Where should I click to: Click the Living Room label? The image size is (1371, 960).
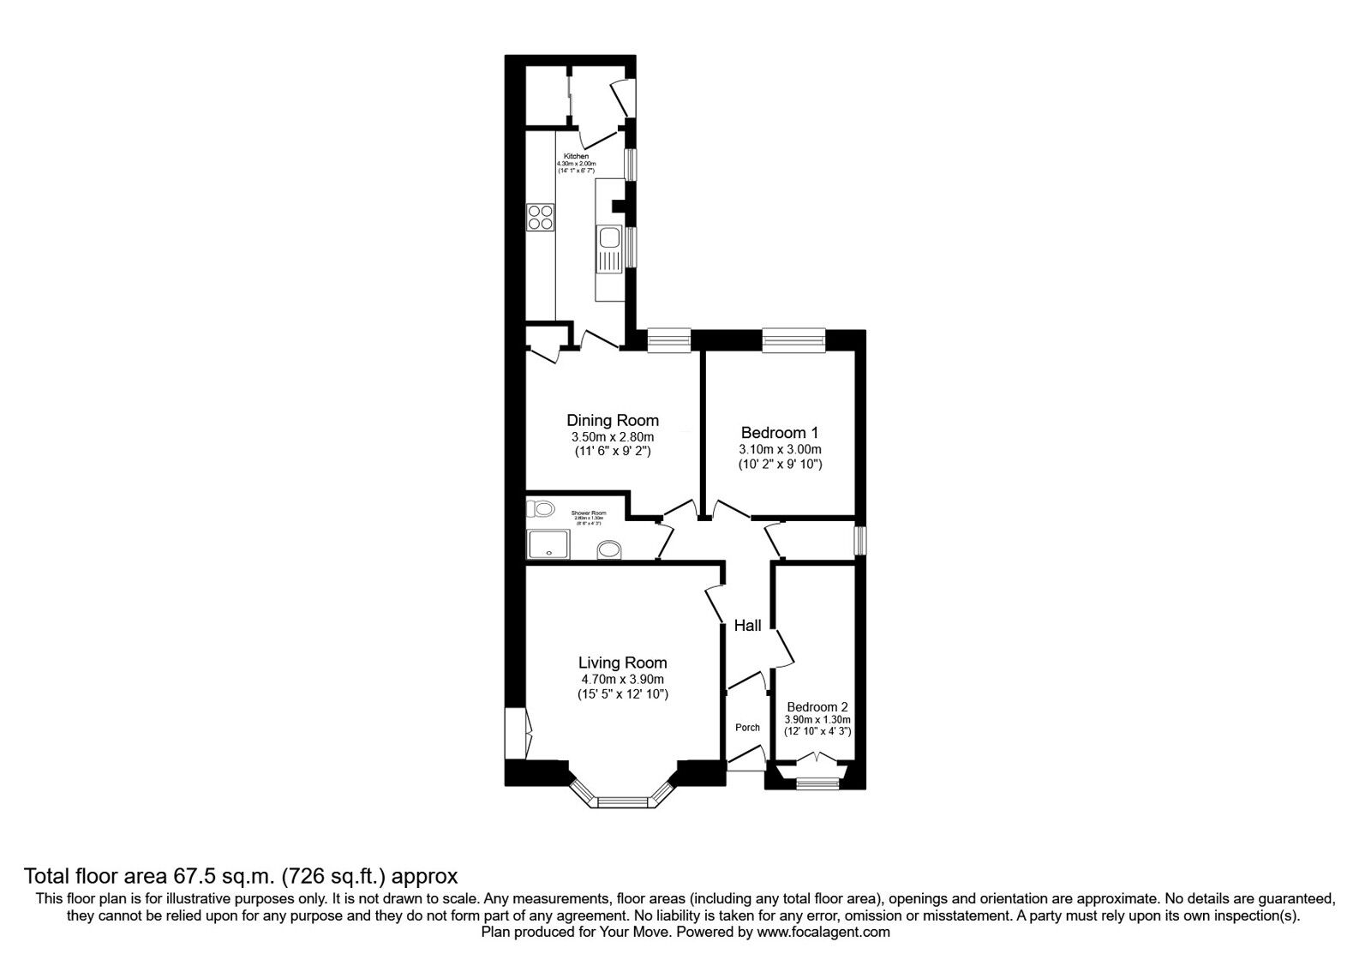point(622,663)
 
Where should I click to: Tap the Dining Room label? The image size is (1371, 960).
point(613,420)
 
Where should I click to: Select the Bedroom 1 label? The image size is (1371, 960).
point(780,433)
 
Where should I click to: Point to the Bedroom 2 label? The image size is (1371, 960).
point(817,707)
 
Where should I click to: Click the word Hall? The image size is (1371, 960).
point(747,626)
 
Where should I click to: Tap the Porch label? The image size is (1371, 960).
point(747,728)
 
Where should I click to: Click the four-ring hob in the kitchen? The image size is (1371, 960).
point(540,217)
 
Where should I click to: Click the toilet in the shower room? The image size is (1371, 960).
point(542,509)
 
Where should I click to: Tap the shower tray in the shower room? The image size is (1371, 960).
point(548,543)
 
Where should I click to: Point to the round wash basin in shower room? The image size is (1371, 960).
point(609,549)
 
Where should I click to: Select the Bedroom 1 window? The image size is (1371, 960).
point(793,340)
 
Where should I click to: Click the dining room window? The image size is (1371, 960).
point(668,340)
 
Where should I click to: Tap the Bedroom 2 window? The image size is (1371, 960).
point(817,782)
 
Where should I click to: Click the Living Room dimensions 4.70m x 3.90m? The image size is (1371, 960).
point(622,679)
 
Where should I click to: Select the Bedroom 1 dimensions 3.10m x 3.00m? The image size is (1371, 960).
point(780,449)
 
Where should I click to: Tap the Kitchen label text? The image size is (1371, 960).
point(576,156)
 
